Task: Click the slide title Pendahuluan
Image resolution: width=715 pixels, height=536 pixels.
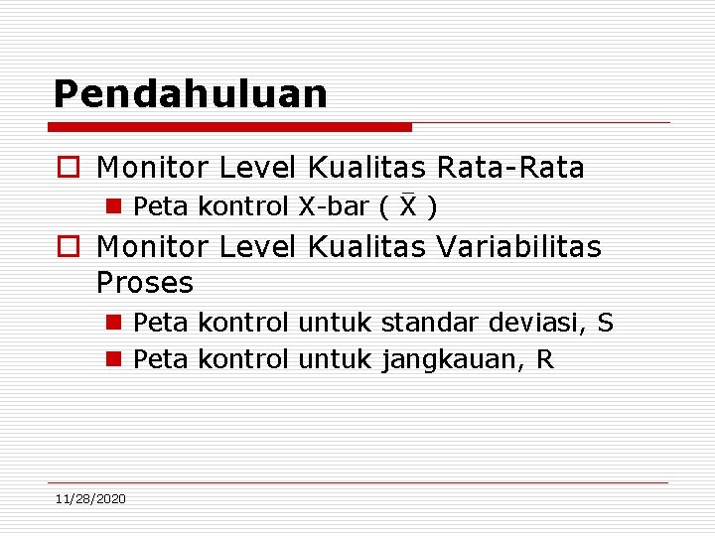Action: (x=190, y=94)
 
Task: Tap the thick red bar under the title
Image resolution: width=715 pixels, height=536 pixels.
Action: (x=229, y=127)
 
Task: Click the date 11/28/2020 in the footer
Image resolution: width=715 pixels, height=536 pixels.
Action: (x=90, y=498)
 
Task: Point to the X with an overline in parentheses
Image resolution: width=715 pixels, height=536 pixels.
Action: (x=408, y=206)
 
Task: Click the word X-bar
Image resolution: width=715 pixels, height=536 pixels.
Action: (x=333, y=206)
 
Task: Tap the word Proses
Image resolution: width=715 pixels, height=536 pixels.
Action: (x=145, y=284)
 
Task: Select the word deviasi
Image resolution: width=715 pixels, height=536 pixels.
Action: (x=534, y=323)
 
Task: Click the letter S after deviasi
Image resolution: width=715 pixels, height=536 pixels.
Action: (x=605, y=323)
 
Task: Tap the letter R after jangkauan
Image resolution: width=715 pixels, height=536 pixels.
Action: (x=544, y=359)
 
